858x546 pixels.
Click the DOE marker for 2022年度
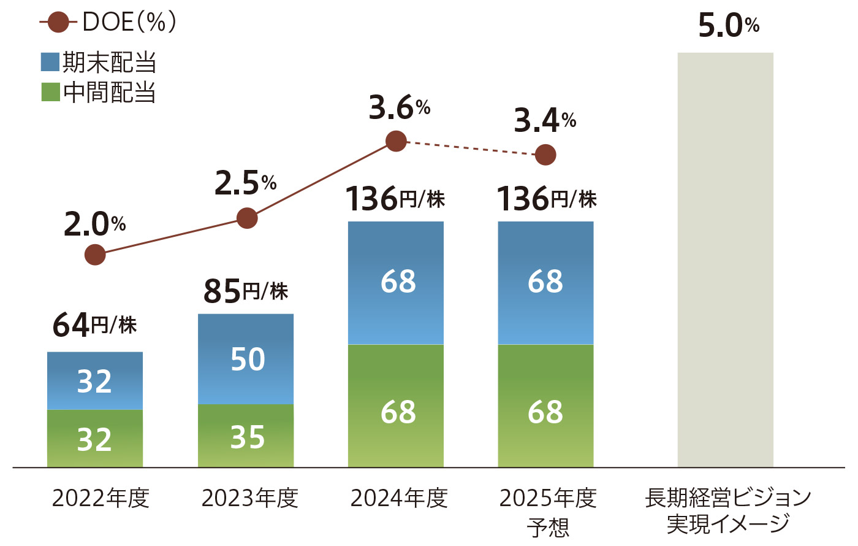(x=95, y=254)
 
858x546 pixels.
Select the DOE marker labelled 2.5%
(x=247, y=218)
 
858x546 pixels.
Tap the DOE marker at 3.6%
(x=397, y=141)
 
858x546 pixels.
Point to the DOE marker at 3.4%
(x=545, y=155)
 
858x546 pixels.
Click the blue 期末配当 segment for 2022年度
(x=95, y=380)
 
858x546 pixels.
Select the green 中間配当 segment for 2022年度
(x=95, y=439)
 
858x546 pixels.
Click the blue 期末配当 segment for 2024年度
(x=396, y=282)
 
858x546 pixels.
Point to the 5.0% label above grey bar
(x=728, y=26)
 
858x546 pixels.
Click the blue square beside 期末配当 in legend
(x=50, y=62)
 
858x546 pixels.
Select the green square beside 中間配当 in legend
(x=50, y=92)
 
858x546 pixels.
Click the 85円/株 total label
(x=245, y=291)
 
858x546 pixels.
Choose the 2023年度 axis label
(x=249, y=498)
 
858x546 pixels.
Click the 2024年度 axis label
(x=399, y=498)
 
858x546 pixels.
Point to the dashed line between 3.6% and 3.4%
(x=471, y=148)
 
